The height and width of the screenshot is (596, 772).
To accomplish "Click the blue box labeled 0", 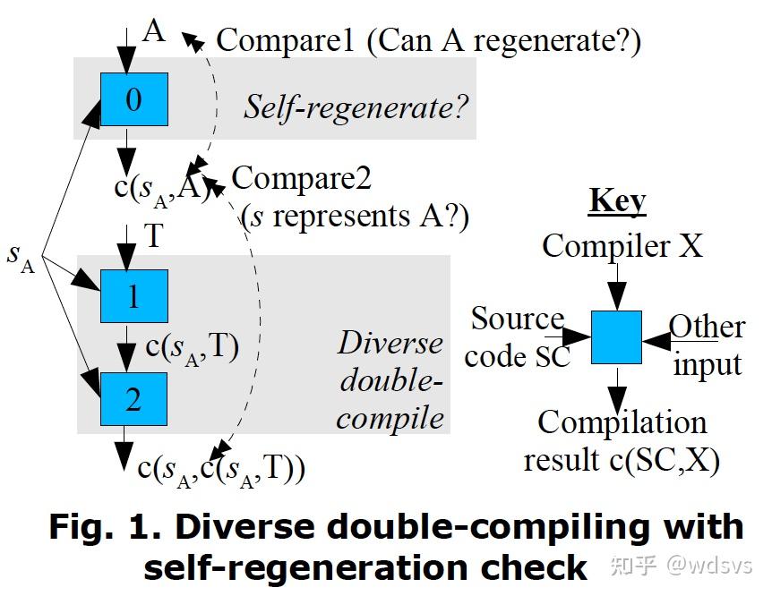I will point(133,99).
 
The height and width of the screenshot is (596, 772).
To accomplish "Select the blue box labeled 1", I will point(133,295).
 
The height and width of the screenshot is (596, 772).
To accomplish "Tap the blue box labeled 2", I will point(133,398).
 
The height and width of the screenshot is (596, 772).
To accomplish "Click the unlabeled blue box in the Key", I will point(616,337).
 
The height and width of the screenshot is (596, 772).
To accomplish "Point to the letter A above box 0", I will point(154,32).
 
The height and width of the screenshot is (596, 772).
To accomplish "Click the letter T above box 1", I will point(154,236).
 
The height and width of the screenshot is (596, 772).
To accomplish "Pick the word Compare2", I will point(301,178).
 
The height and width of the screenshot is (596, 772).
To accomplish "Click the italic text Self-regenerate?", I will point(356,107).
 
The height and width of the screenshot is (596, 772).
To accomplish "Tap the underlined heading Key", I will point(617,201).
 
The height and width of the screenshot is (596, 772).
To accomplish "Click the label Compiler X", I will point(622,245).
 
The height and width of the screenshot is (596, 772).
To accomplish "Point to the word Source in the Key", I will point(517,319).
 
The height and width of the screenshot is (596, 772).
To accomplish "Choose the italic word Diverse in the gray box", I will point(390,343).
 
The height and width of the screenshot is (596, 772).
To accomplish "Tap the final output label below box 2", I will point(221,470).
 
